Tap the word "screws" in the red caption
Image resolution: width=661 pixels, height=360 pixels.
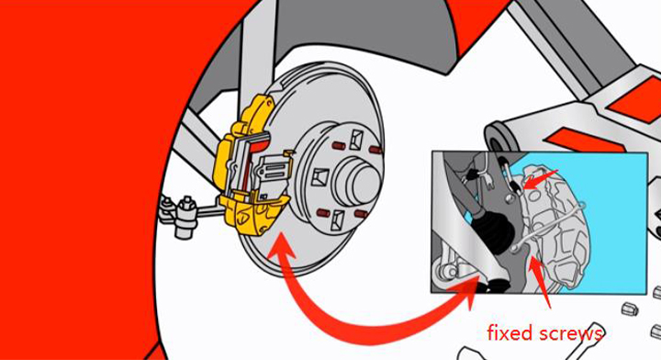point(569,334)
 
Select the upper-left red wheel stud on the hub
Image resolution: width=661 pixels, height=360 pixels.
point(339,146)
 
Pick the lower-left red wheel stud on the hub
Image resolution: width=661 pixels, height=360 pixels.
point(323,211)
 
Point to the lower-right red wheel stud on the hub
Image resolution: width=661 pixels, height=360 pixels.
point(362,214)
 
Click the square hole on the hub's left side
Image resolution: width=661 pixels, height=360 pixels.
point(321,177)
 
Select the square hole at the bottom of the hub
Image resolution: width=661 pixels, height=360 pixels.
point(337,219)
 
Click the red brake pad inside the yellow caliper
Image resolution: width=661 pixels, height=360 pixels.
point(258,145)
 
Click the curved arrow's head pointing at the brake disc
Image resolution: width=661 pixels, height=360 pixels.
point(280,248)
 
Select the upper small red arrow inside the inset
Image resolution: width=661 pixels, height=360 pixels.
point(540,178)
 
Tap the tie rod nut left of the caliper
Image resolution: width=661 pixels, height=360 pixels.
point(185,207)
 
